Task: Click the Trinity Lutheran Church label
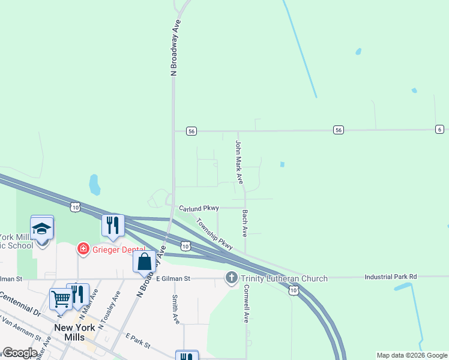point(285,278)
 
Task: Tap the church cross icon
point(232,278)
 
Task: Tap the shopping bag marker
point(144,262)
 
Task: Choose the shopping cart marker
point(61,298)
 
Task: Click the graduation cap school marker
point(42,229)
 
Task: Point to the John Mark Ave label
point(239,162)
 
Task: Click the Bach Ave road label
point(245,223)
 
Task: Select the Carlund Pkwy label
point(199,208)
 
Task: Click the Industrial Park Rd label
point(390,277)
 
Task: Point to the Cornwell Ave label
point(246,302)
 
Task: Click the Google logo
point(20,352)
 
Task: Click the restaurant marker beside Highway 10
point(113,225)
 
